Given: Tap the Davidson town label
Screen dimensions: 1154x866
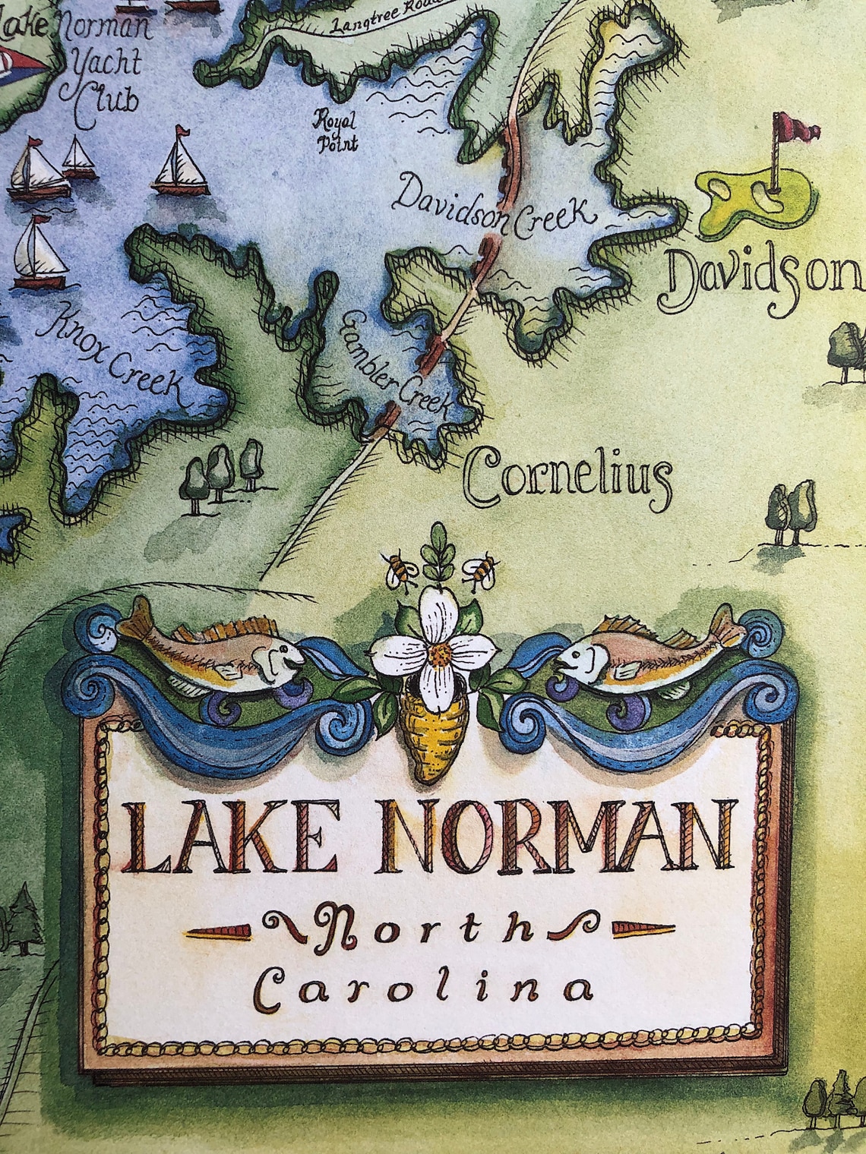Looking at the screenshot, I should [x=763, y=278].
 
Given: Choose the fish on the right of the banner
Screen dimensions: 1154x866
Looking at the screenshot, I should [x=646, y=649].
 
